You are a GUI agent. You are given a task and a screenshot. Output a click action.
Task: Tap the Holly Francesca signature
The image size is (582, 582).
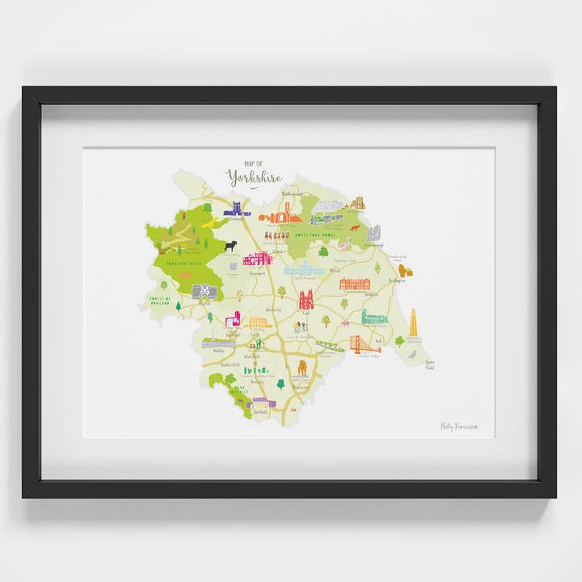(459, 426)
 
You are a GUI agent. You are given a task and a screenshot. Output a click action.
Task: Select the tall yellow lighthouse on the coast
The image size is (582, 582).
(413, 322)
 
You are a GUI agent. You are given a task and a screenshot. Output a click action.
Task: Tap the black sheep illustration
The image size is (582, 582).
(231, 245)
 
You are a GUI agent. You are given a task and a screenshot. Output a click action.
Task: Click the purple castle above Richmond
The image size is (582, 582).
(236, 208)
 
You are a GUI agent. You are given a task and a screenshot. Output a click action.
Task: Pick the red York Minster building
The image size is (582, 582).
(306, 300)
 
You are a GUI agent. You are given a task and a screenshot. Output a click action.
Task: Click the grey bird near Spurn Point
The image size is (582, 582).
(413, 354)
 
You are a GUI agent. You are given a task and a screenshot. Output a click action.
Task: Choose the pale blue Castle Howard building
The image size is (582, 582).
(303, 269)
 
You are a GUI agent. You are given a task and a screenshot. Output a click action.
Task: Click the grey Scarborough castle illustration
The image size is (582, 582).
(373, 233)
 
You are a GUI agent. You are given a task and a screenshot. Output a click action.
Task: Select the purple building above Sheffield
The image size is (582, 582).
(264, 401)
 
